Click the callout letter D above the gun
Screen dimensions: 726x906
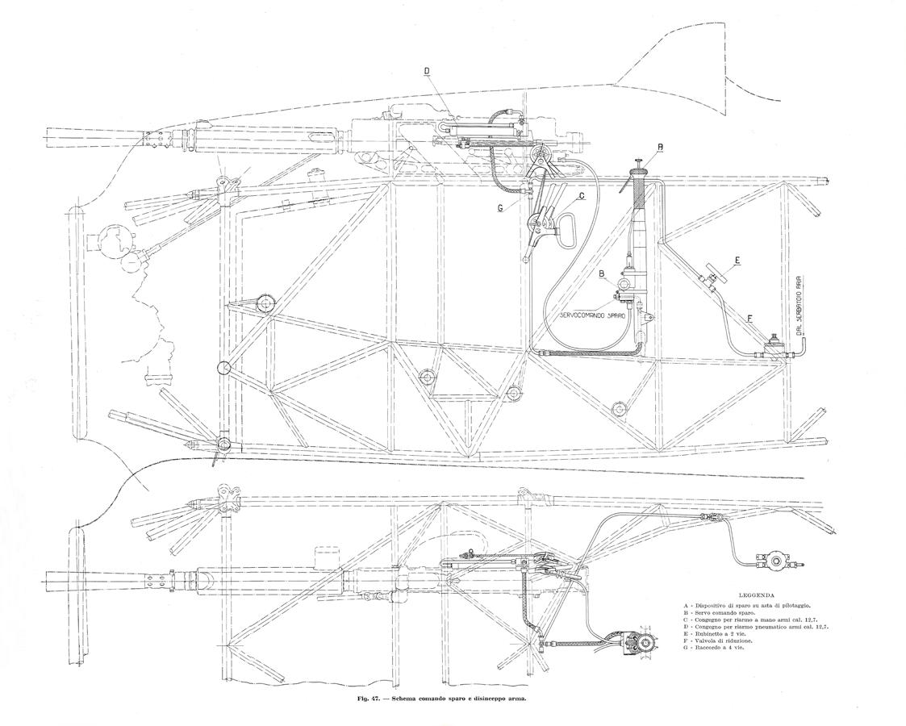point(427,71)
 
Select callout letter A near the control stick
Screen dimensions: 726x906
point(660,146)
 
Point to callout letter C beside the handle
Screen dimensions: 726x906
point(580,195)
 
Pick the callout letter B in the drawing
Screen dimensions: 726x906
point(601,273)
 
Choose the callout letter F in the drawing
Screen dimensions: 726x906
point(750,319)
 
